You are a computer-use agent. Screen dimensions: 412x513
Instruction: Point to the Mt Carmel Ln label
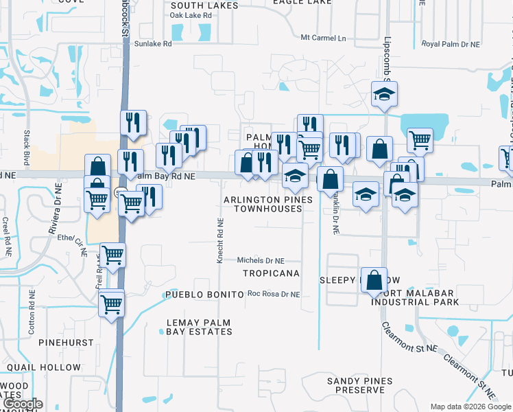coord(324,38)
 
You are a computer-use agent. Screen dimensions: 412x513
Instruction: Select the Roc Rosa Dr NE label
coord(274,294)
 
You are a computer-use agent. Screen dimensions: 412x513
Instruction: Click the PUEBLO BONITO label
coord(204,294)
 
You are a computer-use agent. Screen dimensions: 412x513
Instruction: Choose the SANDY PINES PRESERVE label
coord(359,385)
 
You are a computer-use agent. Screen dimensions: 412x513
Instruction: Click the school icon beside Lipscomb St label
coord(385,95)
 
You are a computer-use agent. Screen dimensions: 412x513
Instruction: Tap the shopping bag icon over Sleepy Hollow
coord(374,281)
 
